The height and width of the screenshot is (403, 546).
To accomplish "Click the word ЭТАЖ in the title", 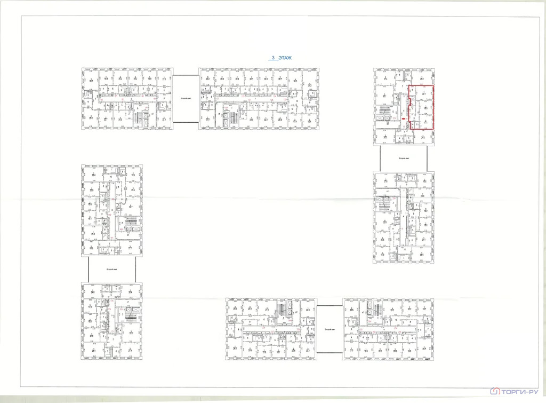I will tap(286, 58).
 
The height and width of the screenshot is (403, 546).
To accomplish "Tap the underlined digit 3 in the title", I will tap(273, 58).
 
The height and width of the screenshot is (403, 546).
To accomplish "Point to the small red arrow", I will tap(404, 118).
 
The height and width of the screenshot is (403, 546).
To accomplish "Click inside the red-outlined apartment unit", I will tap(421, 107).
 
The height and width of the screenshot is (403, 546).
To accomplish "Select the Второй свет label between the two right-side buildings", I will tap(404, 159).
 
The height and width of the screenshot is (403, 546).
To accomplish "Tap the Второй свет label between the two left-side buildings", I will tap(111, 270).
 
